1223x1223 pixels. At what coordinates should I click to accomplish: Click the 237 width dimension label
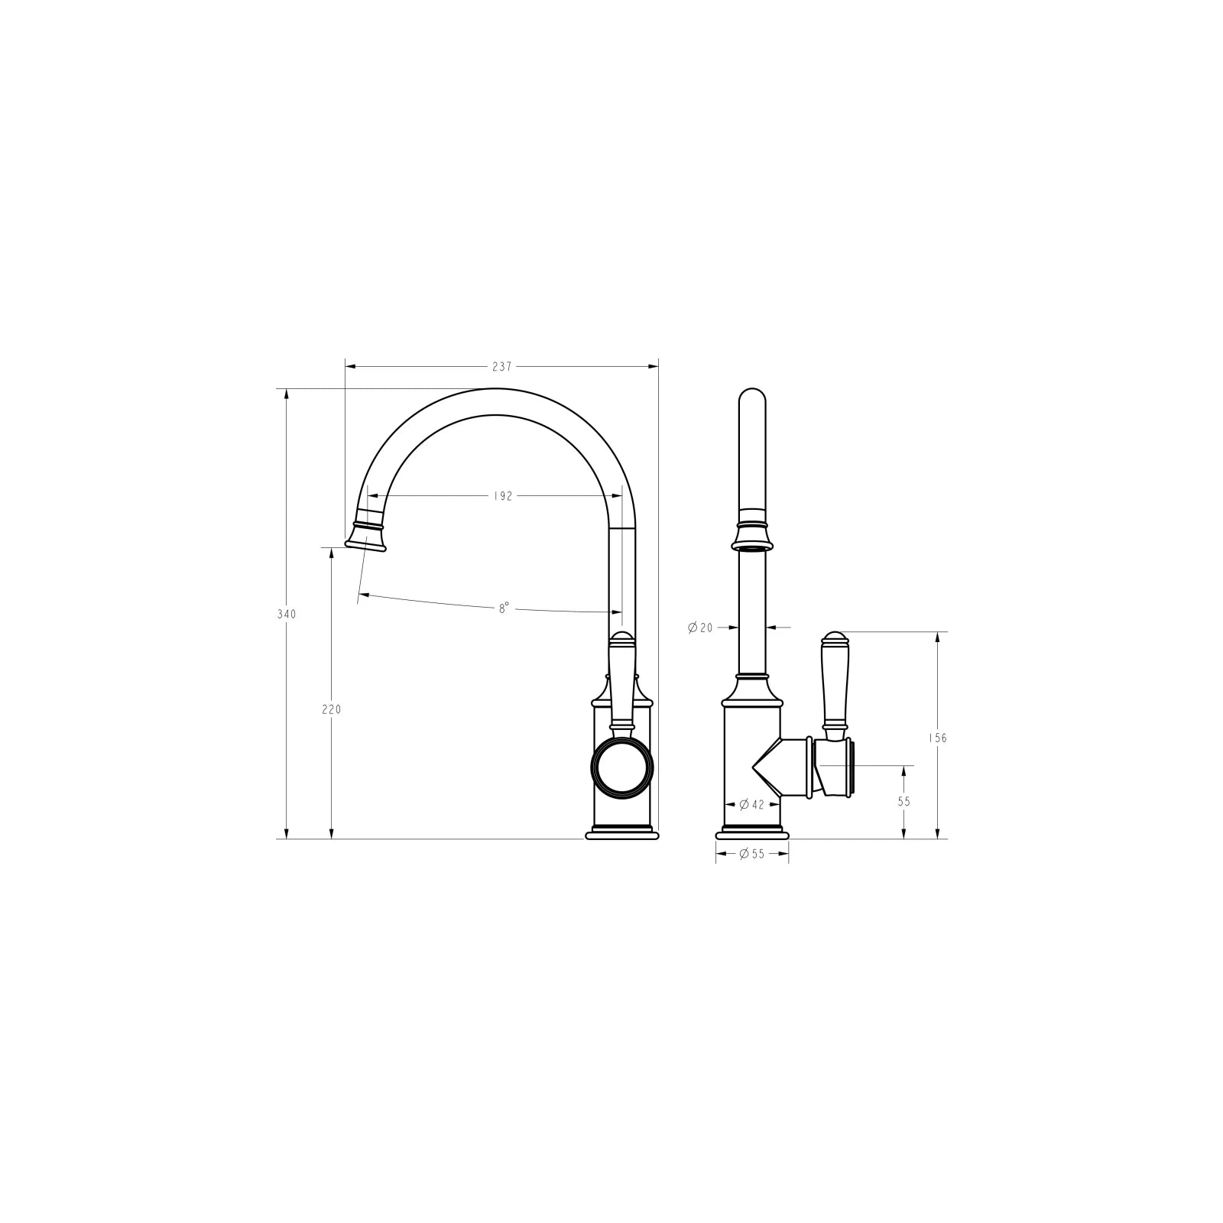(x=501, y=367)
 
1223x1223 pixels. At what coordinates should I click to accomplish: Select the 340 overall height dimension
(x=287, y=614)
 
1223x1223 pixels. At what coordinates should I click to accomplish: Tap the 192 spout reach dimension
(x=502, y=496)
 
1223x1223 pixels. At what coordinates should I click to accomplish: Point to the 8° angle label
(x=504, y=608)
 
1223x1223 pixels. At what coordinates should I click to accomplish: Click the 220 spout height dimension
(x=331, y=709)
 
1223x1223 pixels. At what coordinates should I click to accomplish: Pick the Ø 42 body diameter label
(x=752, y=804)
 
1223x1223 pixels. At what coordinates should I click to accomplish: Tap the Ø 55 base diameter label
(x=752, y=854)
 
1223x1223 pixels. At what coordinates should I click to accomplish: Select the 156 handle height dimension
(x=938, y=738)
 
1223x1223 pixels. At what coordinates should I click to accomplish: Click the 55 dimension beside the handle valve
(x=904, y=802)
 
